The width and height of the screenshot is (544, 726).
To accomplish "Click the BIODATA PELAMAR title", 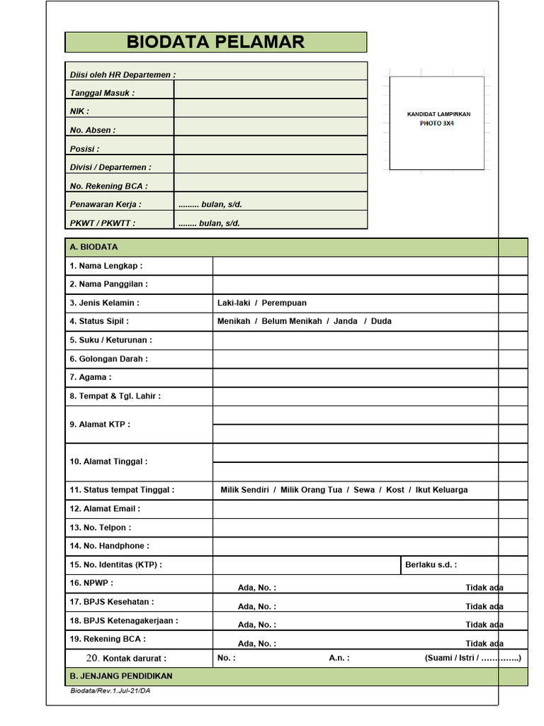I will pyautogui.click(x=215, y=42).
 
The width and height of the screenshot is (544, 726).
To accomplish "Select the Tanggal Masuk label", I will pyautogui.click(x=102, y=93).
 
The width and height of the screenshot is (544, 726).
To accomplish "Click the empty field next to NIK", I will pyautogui.click(x=271, y=108).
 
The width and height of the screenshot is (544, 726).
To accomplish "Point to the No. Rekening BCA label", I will pyautogui.click(x=108, y=186).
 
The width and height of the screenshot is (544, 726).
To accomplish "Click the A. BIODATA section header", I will pyautogui.click(x=93, y=247).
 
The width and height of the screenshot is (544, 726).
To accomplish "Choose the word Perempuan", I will pyautogui.click(x=284, y=303).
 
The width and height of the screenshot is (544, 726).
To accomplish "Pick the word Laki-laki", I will pyautogui.click(x=234, y=303).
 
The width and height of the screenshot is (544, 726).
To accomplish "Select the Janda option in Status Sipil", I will pyautogui.click(x=346, y=321).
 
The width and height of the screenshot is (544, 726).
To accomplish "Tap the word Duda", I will pyautogui.click(x=381, y=321).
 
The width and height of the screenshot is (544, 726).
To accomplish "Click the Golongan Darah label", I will pyautogui.click(x=108, y=359).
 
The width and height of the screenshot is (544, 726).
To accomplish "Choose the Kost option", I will pyautogui.click(x=395, y=490).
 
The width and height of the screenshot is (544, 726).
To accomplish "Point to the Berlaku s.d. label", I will pyautogui.click(x=431, y=565).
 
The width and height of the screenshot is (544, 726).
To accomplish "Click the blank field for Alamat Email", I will pyautogui.click(x=354, y=509).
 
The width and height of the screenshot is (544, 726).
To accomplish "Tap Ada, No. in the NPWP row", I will pyautogui.click(x=256, y=588).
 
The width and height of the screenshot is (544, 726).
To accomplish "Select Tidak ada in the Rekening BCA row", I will pyautogui.click(x=484, y=644).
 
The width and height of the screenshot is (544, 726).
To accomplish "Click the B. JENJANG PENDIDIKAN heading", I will pyautogui.click(x=120, y=676).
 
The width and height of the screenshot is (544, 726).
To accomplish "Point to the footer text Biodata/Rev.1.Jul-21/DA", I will pyautogui.click(x=110, y=691).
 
